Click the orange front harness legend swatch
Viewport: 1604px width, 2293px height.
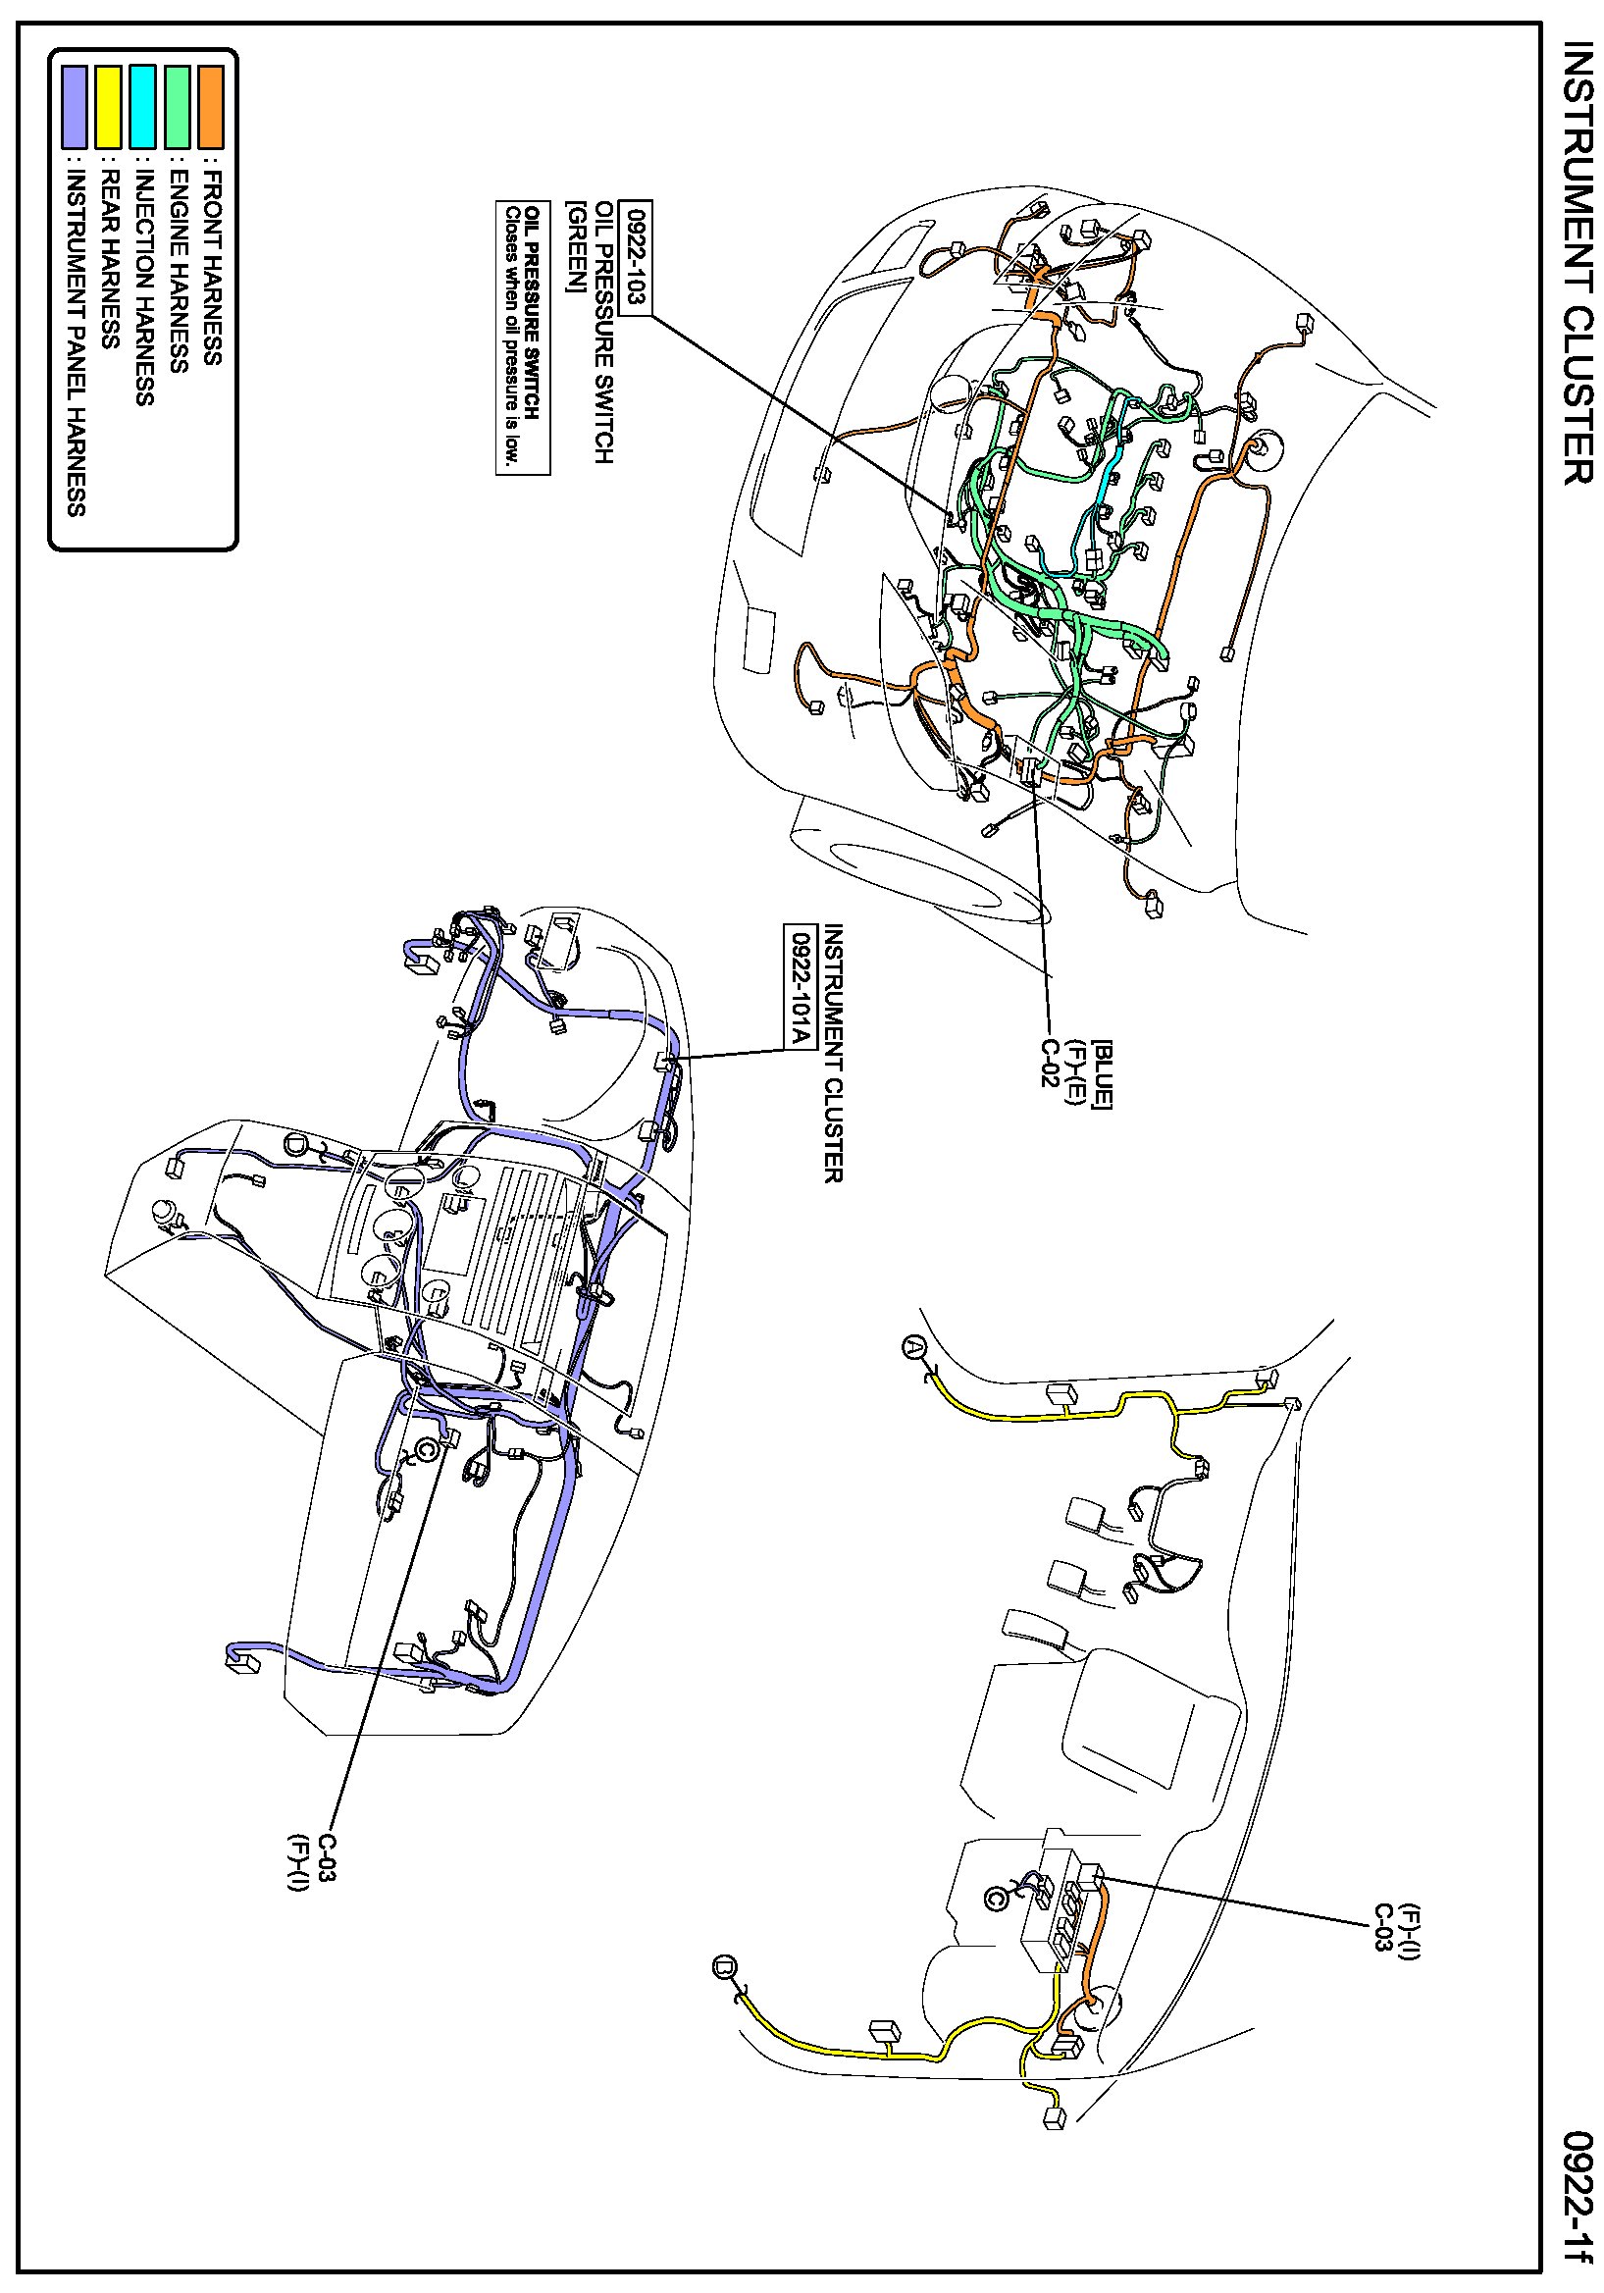click(x=211, y=107)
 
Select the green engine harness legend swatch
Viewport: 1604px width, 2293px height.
click(x=177, y=107)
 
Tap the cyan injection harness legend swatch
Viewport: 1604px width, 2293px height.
click(x=143, y=107)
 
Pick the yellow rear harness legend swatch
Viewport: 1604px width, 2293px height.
click(x=109, y=107)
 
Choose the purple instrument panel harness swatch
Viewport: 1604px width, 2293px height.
click(x=75, y=107)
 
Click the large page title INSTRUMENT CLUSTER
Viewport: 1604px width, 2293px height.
click(x=1578, y=263)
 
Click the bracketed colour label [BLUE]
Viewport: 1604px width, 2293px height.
click(x=1102, y=1072)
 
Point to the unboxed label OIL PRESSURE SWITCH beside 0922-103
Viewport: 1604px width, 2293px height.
click(x=604, y=332)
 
